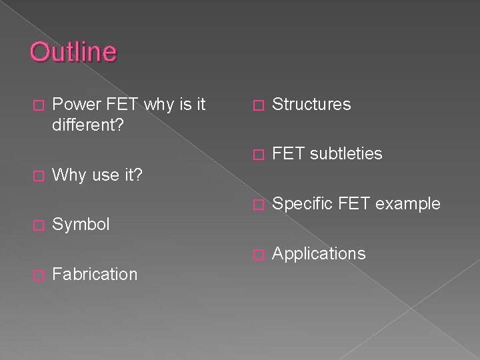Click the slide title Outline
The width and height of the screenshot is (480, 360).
pos(73,51)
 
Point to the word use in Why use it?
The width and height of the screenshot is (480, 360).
pos(104,175)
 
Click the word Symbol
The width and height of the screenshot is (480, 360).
pos(81,225)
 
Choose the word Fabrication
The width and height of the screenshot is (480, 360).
pos(95,274)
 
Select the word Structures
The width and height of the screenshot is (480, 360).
pos(311,104)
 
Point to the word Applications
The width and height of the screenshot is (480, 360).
pos(319,254)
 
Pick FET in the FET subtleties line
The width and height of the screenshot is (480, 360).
pos(288,154)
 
